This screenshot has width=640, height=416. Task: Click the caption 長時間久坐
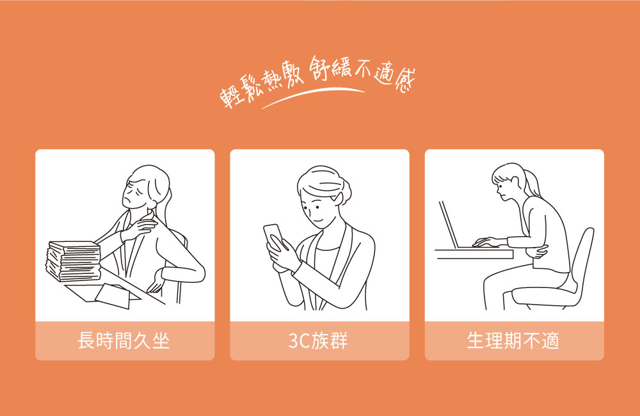pos(124,340)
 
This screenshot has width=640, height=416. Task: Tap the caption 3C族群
pos(318,340)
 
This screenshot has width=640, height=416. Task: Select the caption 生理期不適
pos(513,340)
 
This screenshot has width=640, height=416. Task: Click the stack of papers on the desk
pos(74,261)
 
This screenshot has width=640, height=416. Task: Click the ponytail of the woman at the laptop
pos(532,184)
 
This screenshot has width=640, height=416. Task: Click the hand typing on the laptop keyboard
pos(486,242)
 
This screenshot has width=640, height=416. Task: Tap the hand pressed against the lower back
pos(155,282)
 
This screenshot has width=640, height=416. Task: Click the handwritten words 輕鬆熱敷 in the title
pos(261,86)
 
